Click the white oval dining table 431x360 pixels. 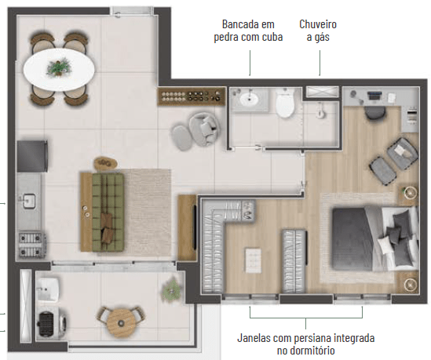point(59,69)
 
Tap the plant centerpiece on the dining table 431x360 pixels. point(59,67)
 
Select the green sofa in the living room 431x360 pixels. point(108,212)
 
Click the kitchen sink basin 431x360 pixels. point(28,201)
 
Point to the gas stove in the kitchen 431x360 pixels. point(32,245)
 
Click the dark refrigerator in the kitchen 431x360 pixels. point(32,156)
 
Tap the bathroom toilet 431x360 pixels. point(285,102)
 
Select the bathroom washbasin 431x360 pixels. point(250,98)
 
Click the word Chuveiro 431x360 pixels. point(318,24)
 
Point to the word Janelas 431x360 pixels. point(254,338)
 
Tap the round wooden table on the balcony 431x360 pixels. point(121,323)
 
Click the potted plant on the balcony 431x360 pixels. point(171,289)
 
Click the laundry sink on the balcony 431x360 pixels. point(47,289)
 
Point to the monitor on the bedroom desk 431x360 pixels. point(374,96)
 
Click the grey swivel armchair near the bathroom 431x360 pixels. point(203,129)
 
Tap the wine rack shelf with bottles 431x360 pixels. point(192,96)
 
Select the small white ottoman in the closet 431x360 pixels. point(253,260)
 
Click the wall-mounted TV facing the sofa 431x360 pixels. point(195,227)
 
